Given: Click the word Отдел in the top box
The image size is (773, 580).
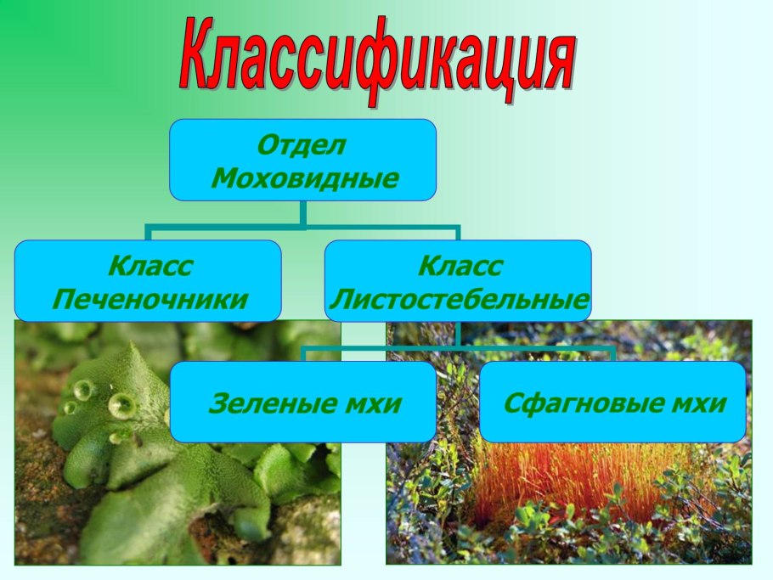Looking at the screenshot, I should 302,145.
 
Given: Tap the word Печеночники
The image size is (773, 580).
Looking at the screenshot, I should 150,299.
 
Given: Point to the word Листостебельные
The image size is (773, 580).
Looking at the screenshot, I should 460,299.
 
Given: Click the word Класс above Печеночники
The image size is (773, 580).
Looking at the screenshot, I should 150,266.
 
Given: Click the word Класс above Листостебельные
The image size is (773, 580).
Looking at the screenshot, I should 460,266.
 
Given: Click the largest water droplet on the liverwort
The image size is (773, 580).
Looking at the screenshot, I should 121,406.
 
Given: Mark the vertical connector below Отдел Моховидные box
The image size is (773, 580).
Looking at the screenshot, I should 303,214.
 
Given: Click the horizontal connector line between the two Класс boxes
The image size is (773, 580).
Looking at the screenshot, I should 303,228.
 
